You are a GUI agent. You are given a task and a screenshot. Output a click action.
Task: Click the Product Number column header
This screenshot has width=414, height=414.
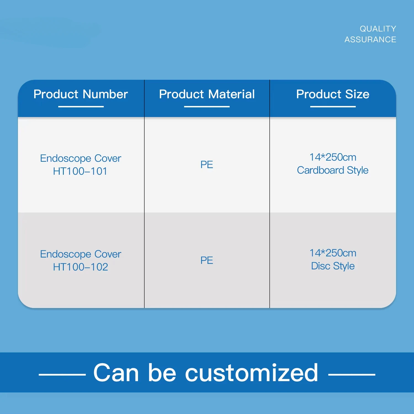(x=81, y=94)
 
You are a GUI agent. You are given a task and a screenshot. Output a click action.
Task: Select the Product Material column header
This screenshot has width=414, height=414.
(x=207, y=94)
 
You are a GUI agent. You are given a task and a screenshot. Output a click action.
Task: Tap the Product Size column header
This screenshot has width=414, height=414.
(x=333, y=94)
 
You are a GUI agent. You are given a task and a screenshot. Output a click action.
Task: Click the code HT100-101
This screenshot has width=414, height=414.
(x=80, y=171)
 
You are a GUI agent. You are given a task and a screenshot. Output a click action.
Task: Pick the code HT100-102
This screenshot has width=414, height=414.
(x=80, y=267)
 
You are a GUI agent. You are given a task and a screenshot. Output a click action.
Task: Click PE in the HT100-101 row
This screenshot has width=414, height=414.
(x=207, y=164)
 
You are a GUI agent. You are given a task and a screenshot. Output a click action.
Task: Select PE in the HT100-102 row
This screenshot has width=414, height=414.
(x=207, y=260)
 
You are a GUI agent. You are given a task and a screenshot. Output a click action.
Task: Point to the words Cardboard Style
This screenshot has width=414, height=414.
(x=333, y=170)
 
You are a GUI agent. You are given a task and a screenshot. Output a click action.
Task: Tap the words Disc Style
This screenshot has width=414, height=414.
(x=333, y=266)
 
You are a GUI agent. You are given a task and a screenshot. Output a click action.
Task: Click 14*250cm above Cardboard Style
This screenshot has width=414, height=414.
(x=333, y=157)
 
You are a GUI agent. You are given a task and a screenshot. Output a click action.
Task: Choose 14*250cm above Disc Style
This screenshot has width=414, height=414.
(x=333, y=253)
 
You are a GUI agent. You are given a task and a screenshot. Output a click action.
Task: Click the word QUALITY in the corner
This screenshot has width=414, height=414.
(x=378, y=29)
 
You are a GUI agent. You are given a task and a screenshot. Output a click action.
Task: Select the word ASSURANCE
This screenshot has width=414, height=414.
(x=370, y=39)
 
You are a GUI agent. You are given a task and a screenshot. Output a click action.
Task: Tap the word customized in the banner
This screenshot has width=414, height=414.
(x=251, y=373)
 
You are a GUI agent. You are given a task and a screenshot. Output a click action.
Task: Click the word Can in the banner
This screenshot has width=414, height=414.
(x=116, y=373)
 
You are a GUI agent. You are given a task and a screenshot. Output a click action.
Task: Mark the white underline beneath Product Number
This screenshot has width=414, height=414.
(x=81, y=107)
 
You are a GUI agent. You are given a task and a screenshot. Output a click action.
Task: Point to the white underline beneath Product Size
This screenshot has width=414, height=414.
(x=333, y=107)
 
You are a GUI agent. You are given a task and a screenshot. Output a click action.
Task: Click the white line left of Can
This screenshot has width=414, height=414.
(x=62, y=375)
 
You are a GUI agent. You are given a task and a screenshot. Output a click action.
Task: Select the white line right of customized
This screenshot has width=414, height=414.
(x=352, y=375)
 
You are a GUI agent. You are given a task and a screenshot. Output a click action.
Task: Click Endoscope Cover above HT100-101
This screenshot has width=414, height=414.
(x=81, y=158)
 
